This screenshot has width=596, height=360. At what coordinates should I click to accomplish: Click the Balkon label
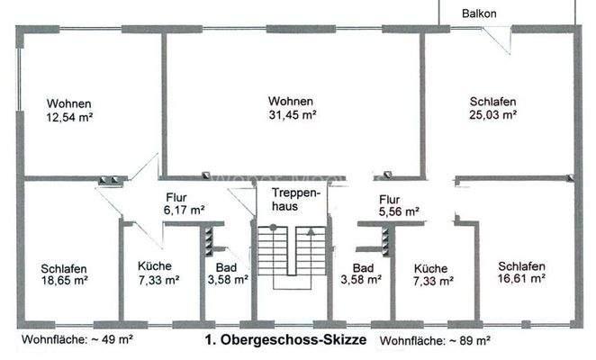(479, 14)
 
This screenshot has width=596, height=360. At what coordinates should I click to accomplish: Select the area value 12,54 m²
(70, 116)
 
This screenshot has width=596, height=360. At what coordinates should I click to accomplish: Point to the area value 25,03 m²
(492, 114)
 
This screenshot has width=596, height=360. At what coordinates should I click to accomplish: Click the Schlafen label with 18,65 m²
(64, 267)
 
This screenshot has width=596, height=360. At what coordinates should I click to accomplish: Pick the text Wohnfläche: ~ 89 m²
(435, 341)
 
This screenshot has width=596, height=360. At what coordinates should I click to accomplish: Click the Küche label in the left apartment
(154, 266)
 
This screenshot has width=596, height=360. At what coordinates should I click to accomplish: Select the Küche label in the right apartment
(429, 267)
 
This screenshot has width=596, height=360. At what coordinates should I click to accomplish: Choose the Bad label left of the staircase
(224, 267)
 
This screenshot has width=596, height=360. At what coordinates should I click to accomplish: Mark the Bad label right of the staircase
(363, 267)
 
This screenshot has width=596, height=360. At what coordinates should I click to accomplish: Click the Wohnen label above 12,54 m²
(70, 103)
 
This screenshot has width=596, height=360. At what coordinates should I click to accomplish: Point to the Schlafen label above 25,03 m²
(492, 102)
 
